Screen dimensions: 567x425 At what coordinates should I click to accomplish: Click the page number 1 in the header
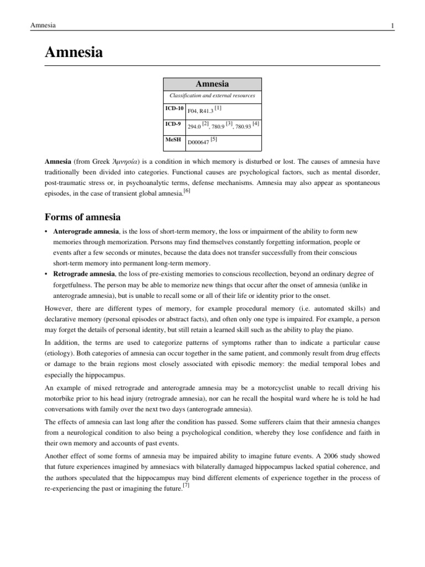pyautogui.click(x=377, y=26)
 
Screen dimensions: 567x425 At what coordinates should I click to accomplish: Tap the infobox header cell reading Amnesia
pyautogui.click(x=212, y=84)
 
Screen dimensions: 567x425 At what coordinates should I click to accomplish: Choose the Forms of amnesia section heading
pyautogui.click(x=82, y=217)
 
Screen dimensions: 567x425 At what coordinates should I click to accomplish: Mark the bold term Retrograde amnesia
pyautogui.click(x=84, y=274)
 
